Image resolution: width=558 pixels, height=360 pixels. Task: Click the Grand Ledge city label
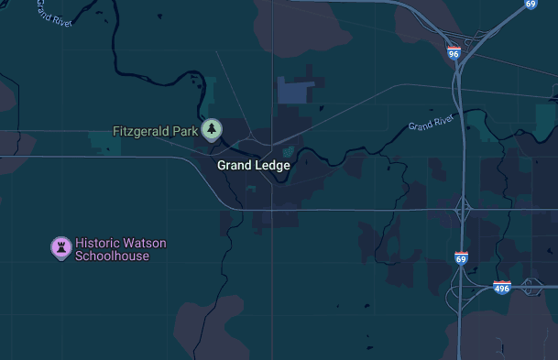pyautogui.click(x=254, y=166)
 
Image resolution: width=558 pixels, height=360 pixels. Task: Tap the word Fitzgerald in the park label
pyautogui.click(x=142, y=131)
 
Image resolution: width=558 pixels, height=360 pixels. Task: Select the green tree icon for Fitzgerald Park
pyautogui.click(x=213, y=130)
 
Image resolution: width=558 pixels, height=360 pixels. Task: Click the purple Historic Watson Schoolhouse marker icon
pyautogui.click(x=60, y=247)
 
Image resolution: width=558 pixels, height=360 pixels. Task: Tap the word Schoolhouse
pyautogui.click(x=112, y=256)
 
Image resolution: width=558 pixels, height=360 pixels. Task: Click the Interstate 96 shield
pyautogui.click(x=454, y=54)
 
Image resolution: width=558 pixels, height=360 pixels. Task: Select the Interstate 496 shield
pyautogui.click(x=501, y=288)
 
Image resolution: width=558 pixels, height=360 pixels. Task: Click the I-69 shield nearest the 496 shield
pyautogui.click(x=461, y=259)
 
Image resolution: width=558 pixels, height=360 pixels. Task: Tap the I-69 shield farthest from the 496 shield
pyautogui.click(x=531, y=4)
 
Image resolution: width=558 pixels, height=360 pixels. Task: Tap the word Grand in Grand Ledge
pyautogui.click(x=235, y=166)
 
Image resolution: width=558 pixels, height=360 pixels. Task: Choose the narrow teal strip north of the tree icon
pyautogui.click(x=211, y=92)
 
